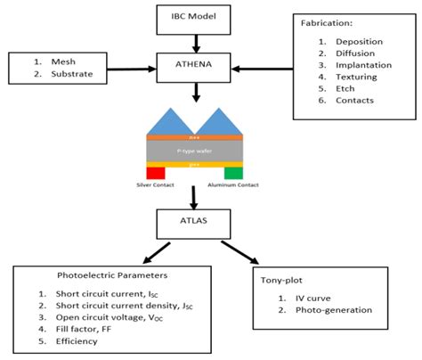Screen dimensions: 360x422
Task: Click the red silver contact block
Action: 156,172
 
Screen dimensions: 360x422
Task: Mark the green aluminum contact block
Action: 233,172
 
